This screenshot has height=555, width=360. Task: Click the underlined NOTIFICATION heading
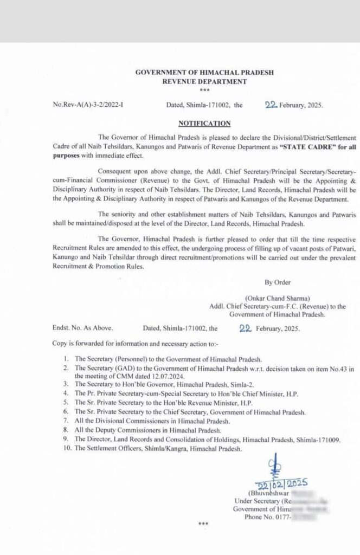click(204, 123)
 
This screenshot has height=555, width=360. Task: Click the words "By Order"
click(277, 283)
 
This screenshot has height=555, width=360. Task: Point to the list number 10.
click(66, 449)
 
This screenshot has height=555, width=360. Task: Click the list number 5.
click(67, 403)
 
